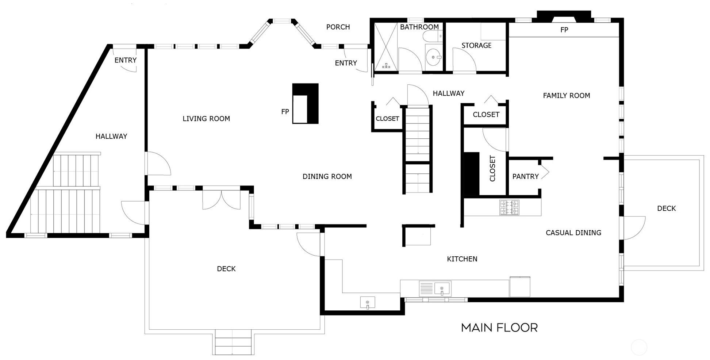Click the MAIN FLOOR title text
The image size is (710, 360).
click(499, 328)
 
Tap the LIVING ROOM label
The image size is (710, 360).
click(206, 119)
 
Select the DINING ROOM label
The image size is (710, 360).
click(327, 177)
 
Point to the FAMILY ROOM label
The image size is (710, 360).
click(567, 96)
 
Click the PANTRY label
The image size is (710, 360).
click(526, 177)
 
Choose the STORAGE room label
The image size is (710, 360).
click(476, 46)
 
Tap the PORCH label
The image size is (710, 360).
click(338, 27)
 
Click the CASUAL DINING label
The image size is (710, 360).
click(573, 233)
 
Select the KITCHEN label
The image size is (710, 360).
click(462, 259)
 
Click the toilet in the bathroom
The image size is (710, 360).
click(433, 36)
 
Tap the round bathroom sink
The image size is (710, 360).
click(434, 57)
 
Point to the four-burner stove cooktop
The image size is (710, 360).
click(509, 207)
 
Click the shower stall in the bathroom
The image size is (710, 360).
click(386, 46)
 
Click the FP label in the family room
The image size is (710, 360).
click(564, 30)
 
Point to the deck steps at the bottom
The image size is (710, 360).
click(233, 342)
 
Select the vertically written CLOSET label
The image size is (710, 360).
click(492, 168)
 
